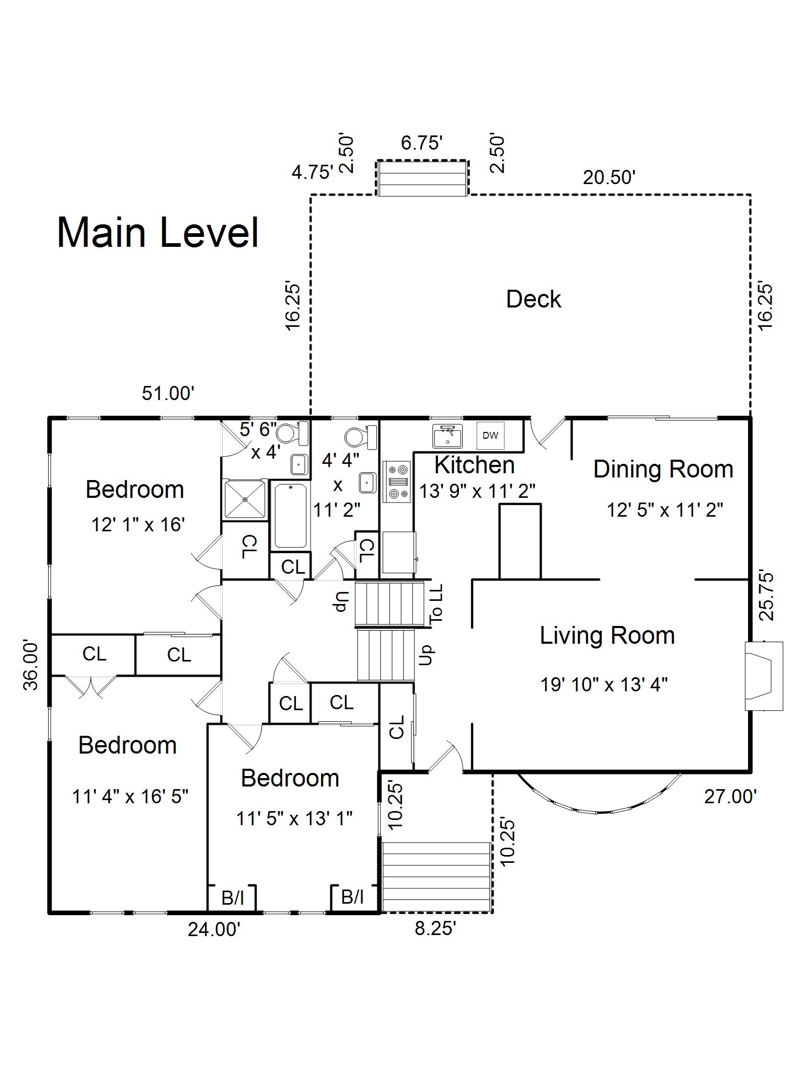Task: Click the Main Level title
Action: tap(158, 232)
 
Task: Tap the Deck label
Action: tap(533, 300)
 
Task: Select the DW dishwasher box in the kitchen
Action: tap(490, 435)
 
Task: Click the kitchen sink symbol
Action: tap(448, 436)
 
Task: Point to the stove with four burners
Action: tap(396, 482)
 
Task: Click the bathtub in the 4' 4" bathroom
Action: tap(290, 516)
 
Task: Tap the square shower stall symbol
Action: tap(244, 499)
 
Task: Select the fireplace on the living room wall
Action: tap(764, 676)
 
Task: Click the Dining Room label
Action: tap(663, 469)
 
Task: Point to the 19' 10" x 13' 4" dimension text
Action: tap(604, 684)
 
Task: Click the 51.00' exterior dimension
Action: tap(168, 393)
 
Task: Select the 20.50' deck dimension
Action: tap(609, 178)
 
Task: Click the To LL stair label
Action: tap(436, 603)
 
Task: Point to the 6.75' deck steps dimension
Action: tap(422, 142)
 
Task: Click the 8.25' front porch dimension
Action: tap(435, 929)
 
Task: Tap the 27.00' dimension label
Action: tap(730, 796)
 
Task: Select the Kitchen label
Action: tap(474, 465)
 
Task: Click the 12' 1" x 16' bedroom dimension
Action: tap(138, 525)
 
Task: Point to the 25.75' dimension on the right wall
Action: tap(766, 596)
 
